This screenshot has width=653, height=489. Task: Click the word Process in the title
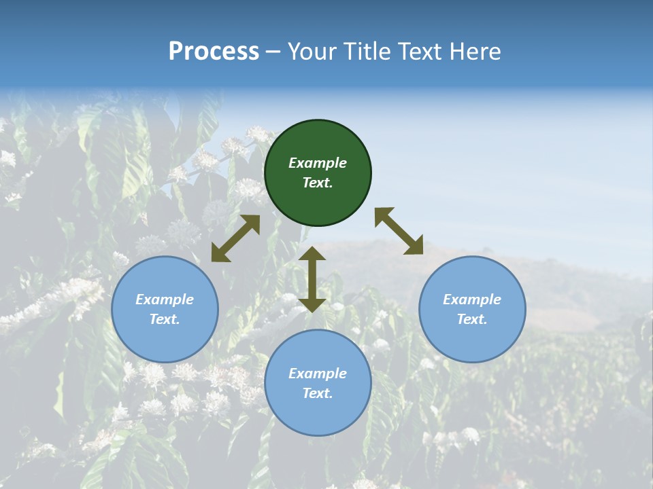pos(214,52)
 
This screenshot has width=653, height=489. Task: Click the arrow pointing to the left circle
pos(235,238)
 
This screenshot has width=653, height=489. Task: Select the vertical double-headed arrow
pos(312,279)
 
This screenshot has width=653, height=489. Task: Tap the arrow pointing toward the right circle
pos(399,231)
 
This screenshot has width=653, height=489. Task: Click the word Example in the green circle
pos(318,163)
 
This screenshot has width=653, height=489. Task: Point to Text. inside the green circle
pos(318,183)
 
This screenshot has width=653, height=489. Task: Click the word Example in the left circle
pos(165,300)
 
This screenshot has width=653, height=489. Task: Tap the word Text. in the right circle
pos(472,319)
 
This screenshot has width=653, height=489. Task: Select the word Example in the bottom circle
pos(318,374)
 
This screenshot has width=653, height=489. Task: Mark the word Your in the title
pos(309,52)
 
